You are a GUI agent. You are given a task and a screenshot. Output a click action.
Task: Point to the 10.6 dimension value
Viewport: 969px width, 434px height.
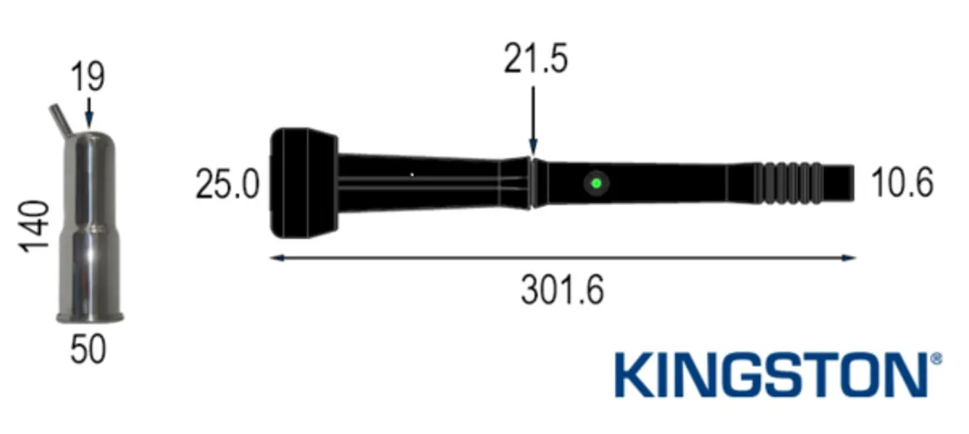click(x=902, y=183)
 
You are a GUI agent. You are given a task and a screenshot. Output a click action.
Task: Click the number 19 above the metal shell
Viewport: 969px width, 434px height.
click(x=87, y=78)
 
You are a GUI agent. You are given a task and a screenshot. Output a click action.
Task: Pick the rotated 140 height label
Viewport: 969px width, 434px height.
click(x=36, y=227)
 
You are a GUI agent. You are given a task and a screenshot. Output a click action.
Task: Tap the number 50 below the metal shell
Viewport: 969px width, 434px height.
click(x=88, y=349)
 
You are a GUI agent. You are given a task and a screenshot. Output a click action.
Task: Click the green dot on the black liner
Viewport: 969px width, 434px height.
click(x=596, y=183)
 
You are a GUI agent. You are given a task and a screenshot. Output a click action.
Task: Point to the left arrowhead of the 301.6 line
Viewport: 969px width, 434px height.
click(x=275, y=258)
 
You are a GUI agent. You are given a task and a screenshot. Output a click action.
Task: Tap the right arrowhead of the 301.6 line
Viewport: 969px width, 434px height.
click(x=849, y=258)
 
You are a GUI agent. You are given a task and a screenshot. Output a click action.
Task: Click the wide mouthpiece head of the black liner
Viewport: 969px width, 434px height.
click(x=303, y=183)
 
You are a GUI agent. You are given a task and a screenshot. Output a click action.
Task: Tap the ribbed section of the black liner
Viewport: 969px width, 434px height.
click(x=789, y=183)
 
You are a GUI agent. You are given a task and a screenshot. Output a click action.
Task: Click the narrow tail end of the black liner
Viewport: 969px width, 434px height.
click(x=840, y=183)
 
